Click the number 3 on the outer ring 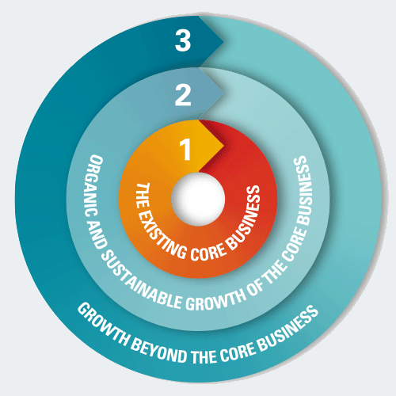pos(183,40)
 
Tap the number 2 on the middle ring pos(183,95)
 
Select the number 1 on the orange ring pos(185,149)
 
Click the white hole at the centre pos(198,200)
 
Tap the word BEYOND pos(158,350)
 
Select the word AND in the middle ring pos(98,235)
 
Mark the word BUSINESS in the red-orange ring pos(245,217)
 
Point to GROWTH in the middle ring pos(215,299)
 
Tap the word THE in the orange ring pos(141,196)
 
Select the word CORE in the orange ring pos(208,253)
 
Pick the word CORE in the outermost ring pos(238,352)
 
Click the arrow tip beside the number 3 pos(223,42)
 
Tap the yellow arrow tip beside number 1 pos(224,146)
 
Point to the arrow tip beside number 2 pos(223,93)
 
